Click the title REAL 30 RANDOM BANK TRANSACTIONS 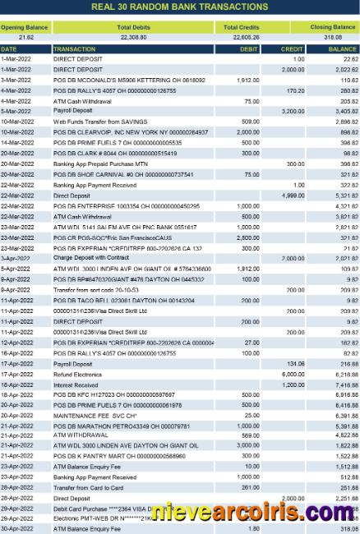tap(179, 7)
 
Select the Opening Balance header tap(24, 27)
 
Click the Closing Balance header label tap(332, 27)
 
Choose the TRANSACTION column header tap(74, 48)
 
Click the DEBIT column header tap(248, 48)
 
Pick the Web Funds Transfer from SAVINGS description tap(93, 121)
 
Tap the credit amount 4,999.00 tap(293, 196)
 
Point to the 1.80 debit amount tap(254, 529)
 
